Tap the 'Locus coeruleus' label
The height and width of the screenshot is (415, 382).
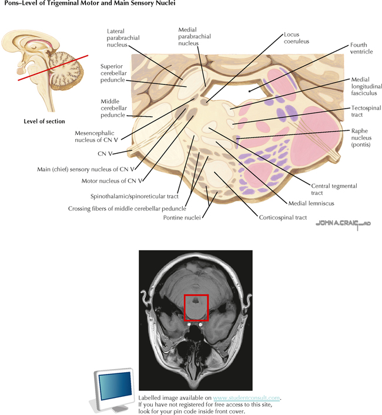(296, 38)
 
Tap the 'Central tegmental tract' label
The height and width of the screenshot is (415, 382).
(317, 190)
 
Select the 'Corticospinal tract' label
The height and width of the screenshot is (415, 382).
(283, 218)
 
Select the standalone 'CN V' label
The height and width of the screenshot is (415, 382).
(105, 154)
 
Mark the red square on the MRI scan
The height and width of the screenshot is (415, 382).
(196, 307)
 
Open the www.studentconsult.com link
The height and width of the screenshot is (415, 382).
(246, 397)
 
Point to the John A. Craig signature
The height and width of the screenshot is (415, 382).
(343, 223)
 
